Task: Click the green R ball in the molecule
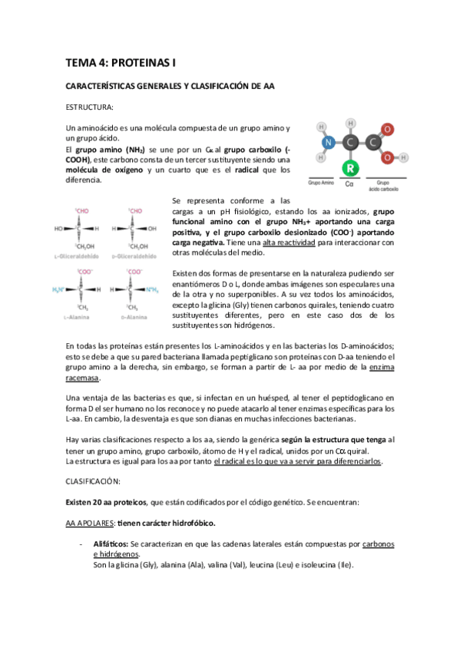pyautogui.click(x=351, y=167)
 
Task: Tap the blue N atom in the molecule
pyautogui.click(x=329, y=142)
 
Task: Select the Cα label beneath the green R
pyautogui.click(x=349, y=185)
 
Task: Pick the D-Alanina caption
pyautogui.click(x=133, y=316)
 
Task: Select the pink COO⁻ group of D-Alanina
pyautogui.click(x=135, y=272)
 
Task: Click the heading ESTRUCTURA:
pyautogui.click(x=90, y=107)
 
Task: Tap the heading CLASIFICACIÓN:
pyautogui.click(x=92, y=481)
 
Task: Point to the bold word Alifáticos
pyautogui.click(x=110, y=544)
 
